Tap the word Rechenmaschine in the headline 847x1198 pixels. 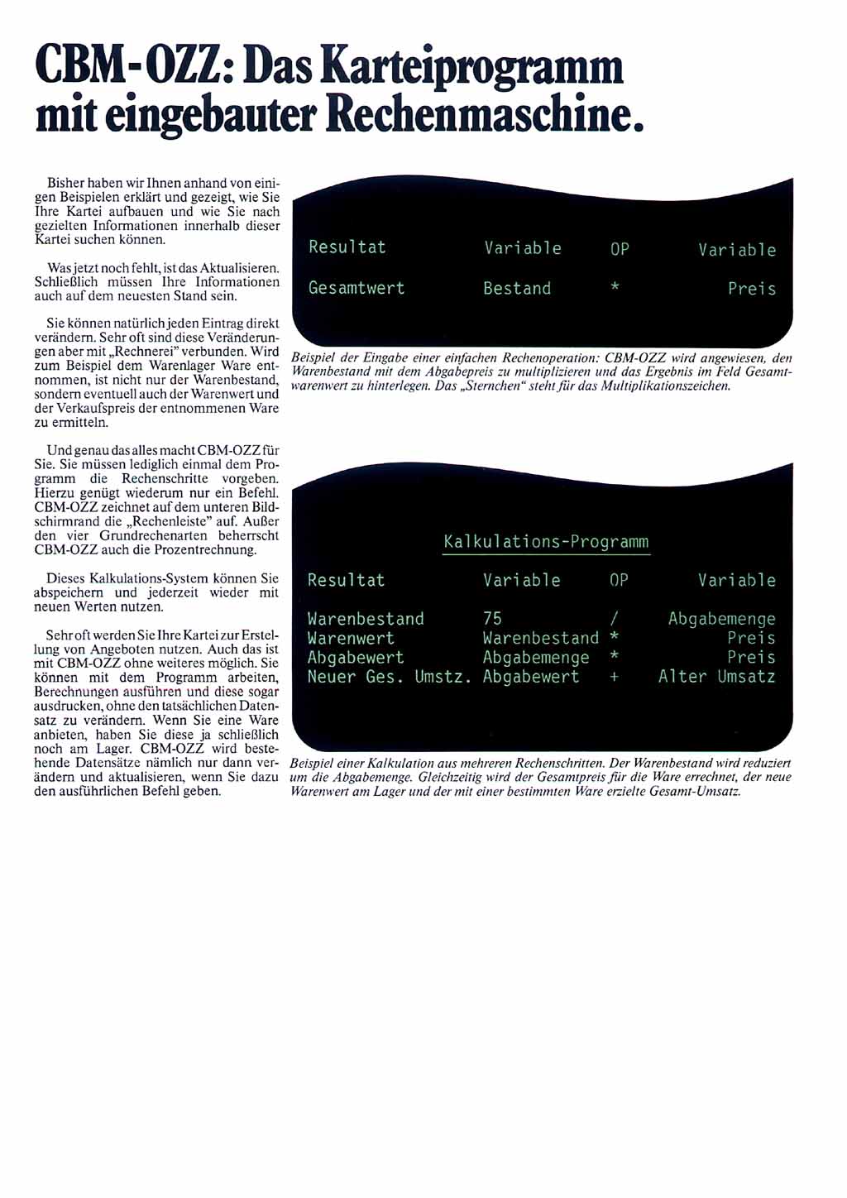484,115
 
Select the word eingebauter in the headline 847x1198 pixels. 213,115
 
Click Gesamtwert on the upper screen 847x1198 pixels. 357,288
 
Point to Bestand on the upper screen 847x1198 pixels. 517,289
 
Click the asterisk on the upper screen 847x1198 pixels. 615,287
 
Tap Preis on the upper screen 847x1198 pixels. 752,289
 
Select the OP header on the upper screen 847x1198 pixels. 620,249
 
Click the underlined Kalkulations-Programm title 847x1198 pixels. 546,542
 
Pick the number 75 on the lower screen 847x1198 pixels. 492,619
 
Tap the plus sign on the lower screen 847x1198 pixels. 615,677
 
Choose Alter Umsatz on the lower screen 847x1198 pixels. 716,677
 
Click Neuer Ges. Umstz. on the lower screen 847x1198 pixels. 389,677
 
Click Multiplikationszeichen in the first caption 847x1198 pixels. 666,386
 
